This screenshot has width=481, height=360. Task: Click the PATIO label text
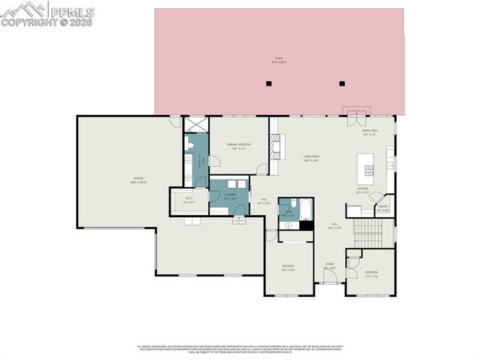pyautogui.click(x=279, y=60)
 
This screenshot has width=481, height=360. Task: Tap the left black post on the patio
pyautogui.click(x=268, y=83)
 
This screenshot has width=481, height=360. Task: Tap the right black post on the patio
pyautogui.click(x=341, y=83)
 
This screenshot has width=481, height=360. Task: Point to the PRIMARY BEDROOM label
pyautogui.click(x=239, y=147)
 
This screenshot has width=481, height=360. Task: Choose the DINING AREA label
pyautogui.click(x=370, y=132)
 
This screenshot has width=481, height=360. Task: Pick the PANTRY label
pyautogui.click(x=383, y=208)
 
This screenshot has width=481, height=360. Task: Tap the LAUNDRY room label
pyautogui.click(x=230, y=195)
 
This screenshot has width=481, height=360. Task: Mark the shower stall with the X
pyautogui.click(x=195, y=125)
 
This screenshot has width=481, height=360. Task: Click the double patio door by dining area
pyautogui.click(x=352, y=117)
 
